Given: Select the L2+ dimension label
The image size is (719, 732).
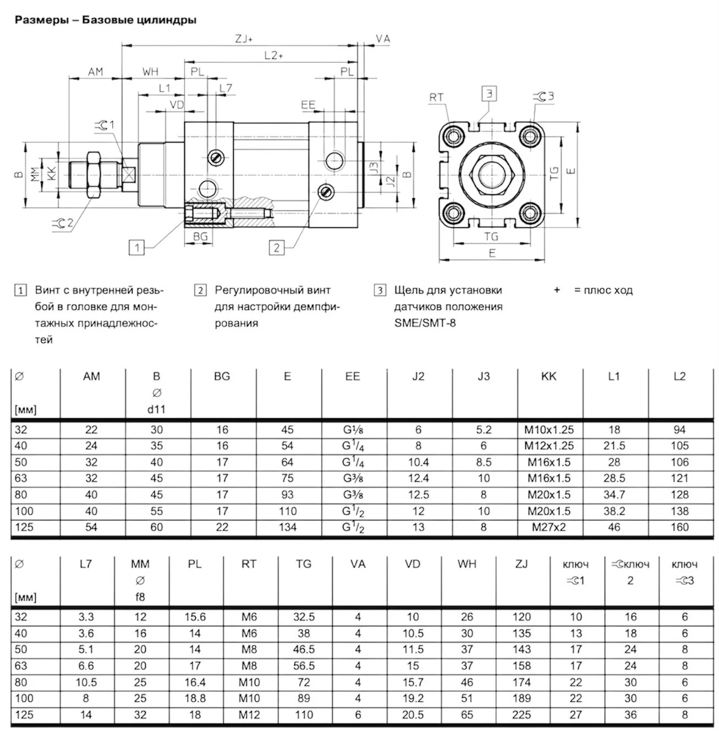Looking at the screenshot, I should pyautogui.click(x=273, y=55).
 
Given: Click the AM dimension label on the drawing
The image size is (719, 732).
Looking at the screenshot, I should pyautogui.click(x=96, y=72).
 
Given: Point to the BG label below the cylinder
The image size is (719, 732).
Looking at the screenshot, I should pyautogui.click(x=201, y=236).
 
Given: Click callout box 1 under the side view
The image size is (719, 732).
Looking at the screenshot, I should pyautogui.click(x=136, y=248).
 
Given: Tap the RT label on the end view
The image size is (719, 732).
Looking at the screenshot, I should pyautogui.click(x=436, y=97).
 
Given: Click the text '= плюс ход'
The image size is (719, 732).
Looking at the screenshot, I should pyautogui.click(x=603, y=290).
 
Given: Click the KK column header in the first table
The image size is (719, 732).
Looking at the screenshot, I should pyautogui.click(x=548, y=376).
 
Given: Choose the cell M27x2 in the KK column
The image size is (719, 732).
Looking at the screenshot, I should pyautogui.click(x=548, y=527).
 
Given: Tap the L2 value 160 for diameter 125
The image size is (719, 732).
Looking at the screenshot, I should pyautogui.click(x=679, y=527).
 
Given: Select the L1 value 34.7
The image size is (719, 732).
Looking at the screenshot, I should pyautogui.click(x=614, y=495).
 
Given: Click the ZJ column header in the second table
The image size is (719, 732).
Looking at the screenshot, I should pyautogui.click(x=521, y=564).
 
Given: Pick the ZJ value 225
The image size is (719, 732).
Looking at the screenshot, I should pyautogui.click(x=521, y=715).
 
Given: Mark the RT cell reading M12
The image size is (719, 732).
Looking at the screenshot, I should pyautogui.click(x=249, y=715).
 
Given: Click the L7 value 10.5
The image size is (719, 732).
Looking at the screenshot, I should pyautogui.click(x=86, y=682).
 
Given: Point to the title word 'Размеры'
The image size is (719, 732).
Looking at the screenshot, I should pyautogui.click(x=41, y=20).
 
